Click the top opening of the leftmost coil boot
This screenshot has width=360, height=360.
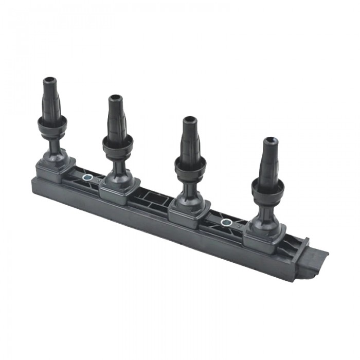pyautogui.click(x=49, y=81)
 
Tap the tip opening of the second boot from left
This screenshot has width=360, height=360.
pyautogui.click(x=116, y=98)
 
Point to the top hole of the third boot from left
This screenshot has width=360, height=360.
pyautogui.click(x=189, y=120)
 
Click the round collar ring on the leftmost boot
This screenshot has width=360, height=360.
pyautogui.click(x=52, y=123)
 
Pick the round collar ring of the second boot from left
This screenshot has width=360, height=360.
pyautogui.click(x=118, y=141)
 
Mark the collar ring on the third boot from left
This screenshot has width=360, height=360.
pyautogui.click(x=190, y=164)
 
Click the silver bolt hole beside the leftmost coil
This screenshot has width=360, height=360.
pyautogui.click(x=87, y=178)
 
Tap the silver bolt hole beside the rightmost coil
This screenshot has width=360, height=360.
pyautogui.click(x=225, y=222)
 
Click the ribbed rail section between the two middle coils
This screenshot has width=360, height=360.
pyautogui.click(x=154, y=198)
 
